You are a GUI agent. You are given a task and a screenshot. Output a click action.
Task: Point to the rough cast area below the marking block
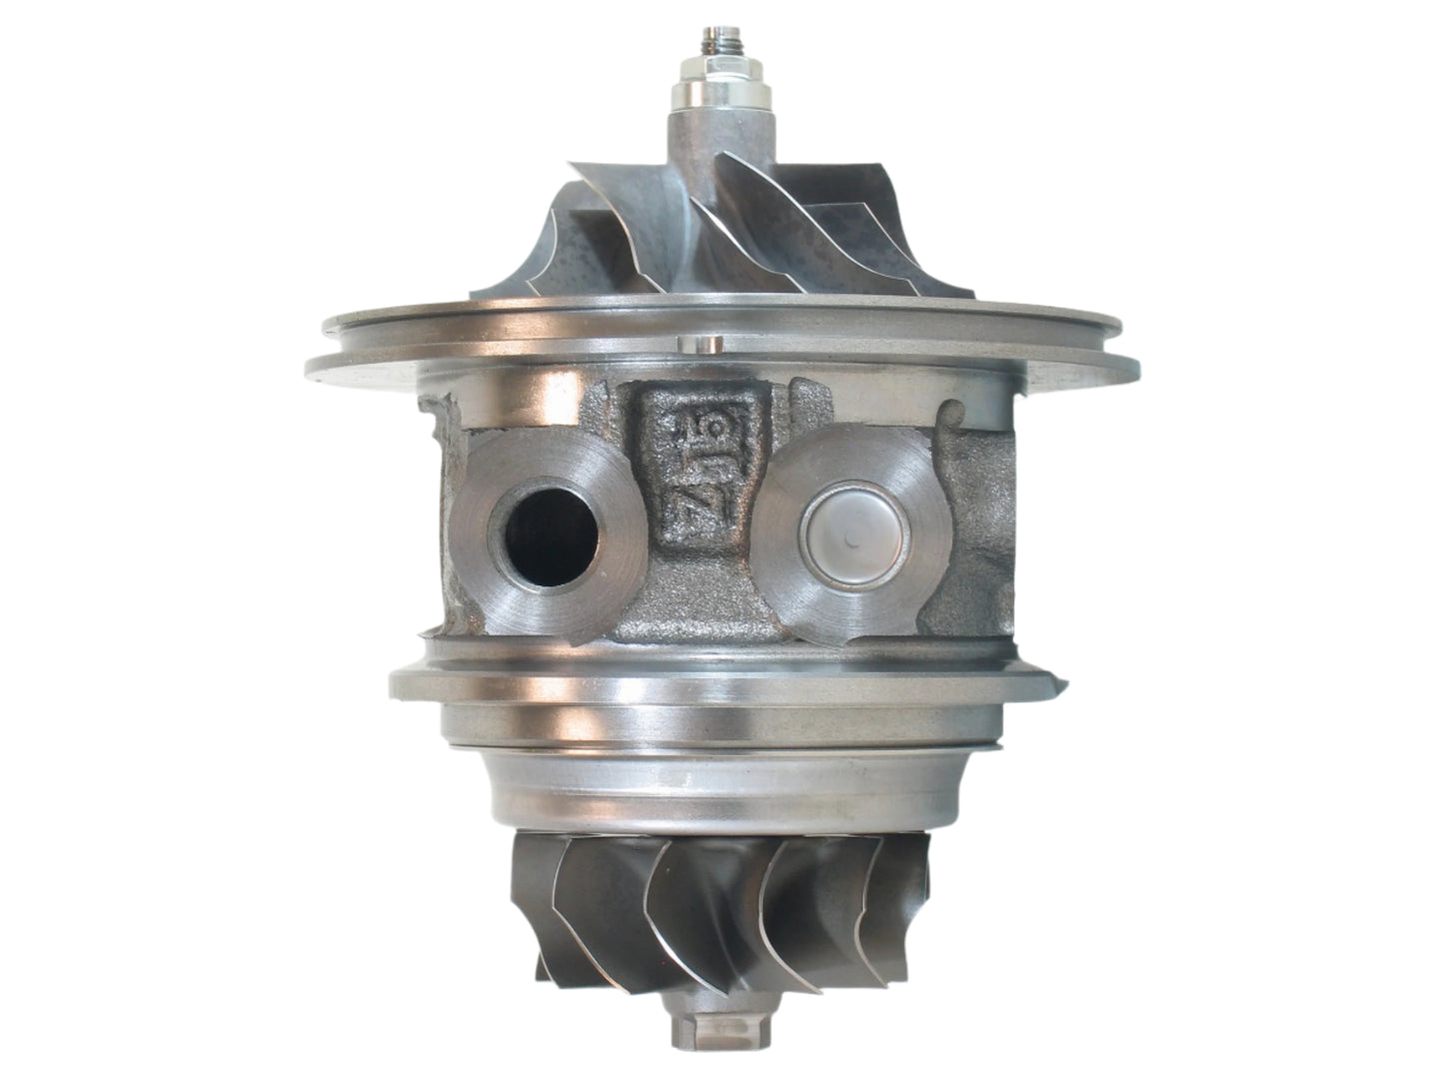[690, 609]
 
